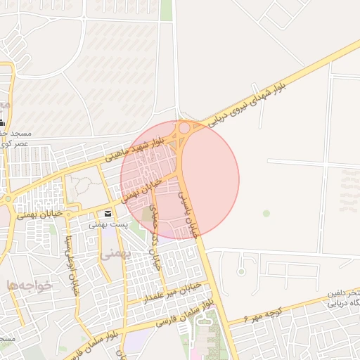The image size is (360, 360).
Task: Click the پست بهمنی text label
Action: pos(108,225)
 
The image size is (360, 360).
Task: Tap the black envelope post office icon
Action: pos(108,214)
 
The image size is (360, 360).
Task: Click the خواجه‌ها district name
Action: pos(30,284)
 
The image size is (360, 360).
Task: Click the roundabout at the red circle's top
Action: pos(185,128)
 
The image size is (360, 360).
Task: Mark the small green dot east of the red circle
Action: pos(266,212)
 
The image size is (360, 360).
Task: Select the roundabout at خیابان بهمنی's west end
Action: pos(6,199)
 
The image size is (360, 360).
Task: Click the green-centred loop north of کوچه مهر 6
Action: pos(241,270)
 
